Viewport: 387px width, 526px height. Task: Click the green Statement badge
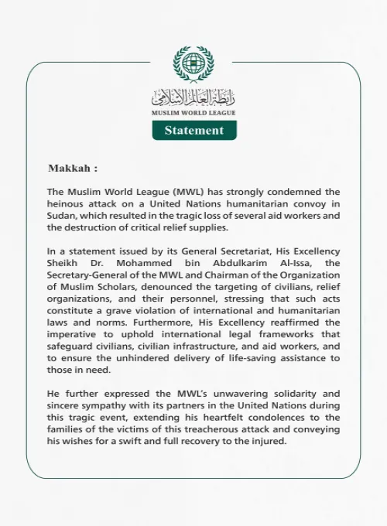[193, 131]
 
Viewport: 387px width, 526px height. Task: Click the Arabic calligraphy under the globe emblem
[193, 97]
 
